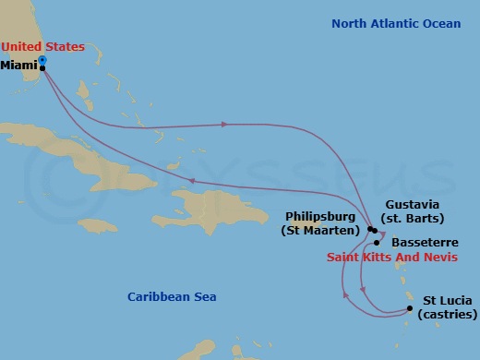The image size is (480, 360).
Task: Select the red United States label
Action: click(42, 46)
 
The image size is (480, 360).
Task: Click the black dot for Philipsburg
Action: click(369, 229)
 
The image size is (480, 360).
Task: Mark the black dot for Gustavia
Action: click(374, 230)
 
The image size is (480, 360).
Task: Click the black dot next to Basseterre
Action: click(377, 243)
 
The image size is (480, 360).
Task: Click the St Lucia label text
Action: click(447, 301)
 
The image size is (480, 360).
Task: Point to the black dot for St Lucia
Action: click(410, 309)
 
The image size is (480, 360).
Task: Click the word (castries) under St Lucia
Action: click(447, 315)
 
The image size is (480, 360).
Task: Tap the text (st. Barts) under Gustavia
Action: click(414, 219)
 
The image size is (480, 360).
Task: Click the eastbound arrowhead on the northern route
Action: click(223, 125)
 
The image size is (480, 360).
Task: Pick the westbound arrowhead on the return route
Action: click(191, 181)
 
